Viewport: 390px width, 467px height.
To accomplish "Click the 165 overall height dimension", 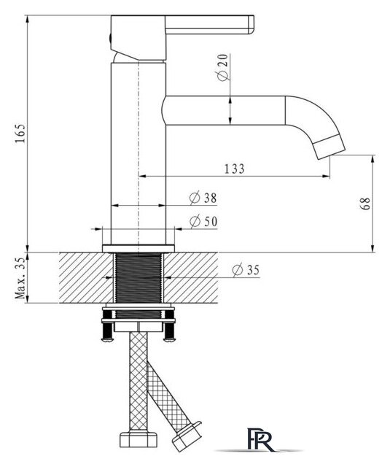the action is pos(21,133).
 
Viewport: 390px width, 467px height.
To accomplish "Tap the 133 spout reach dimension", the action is pos(235,169).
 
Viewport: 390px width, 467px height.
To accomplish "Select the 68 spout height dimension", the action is pos(366,204).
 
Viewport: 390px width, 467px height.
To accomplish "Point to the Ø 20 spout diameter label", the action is pos(223,67).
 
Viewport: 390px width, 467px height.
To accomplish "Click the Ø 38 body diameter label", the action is pos(203,198).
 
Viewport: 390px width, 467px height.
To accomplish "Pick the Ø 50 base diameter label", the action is pos(204,222).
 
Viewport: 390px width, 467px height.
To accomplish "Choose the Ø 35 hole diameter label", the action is pos(246,270).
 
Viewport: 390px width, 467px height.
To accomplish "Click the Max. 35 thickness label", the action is pos(21,277).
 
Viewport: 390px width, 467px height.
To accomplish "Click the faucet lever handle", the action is pos(209,25).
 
